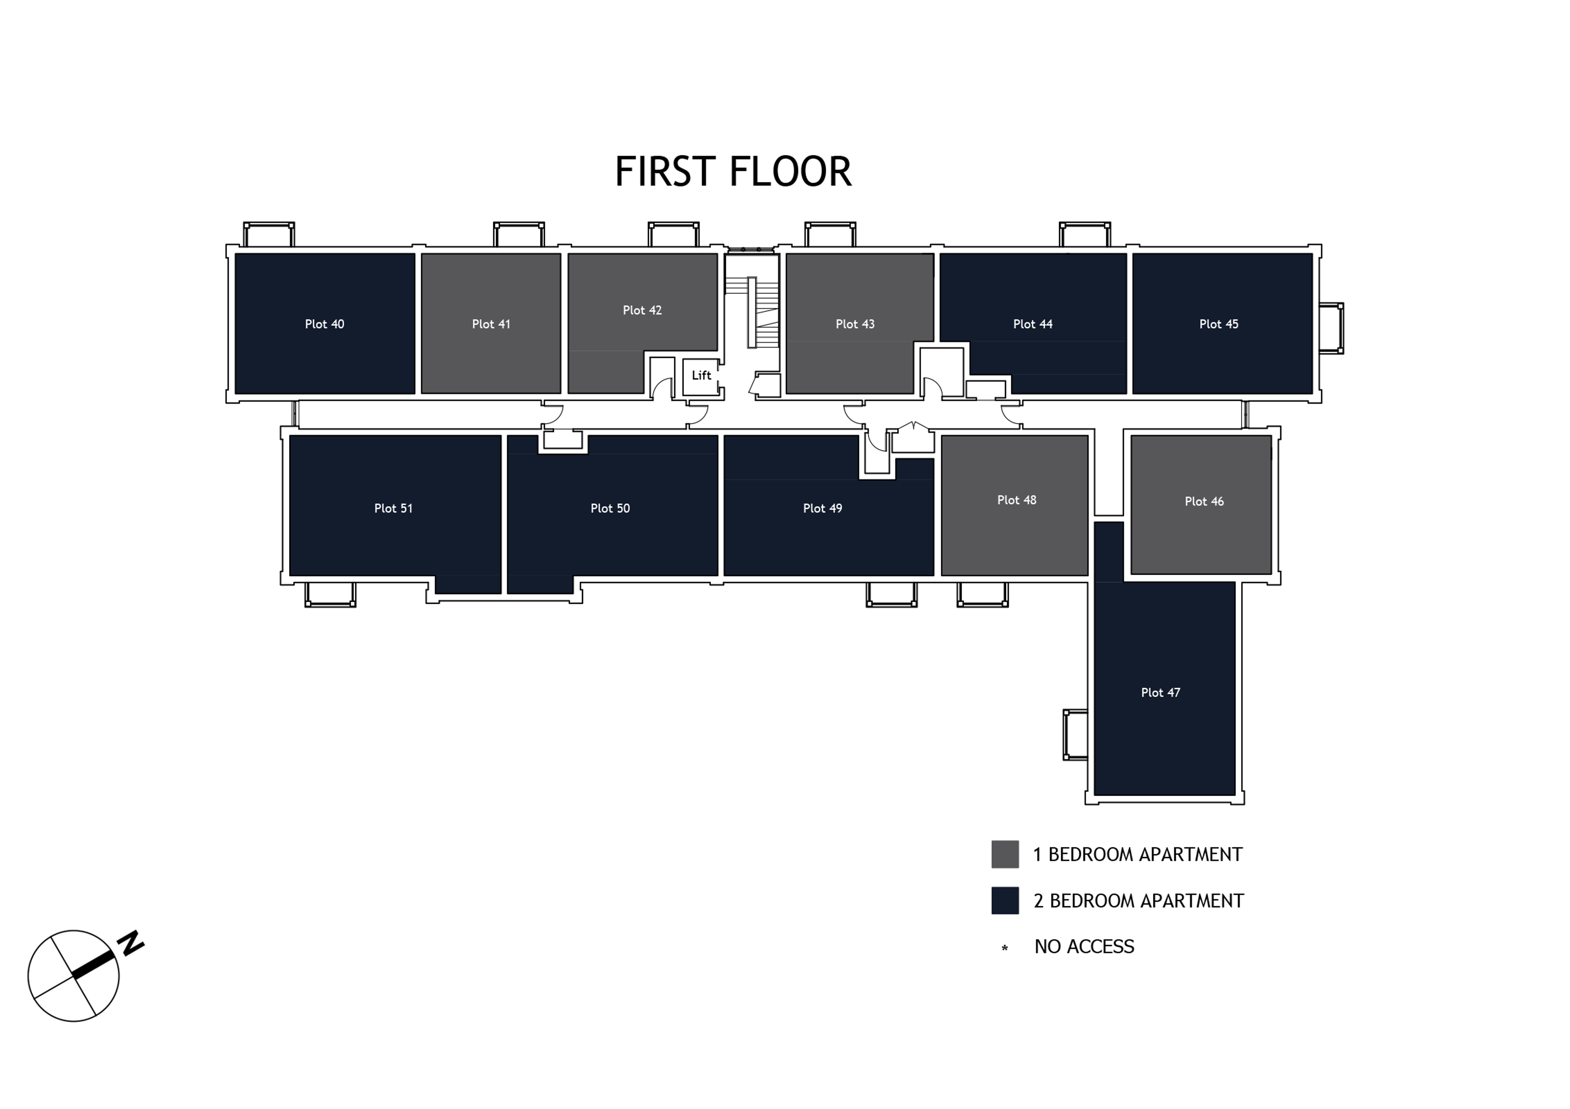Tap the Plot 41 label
pos(491,324)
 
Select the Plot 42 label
pos(642,310)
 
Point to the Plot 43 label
pos(855,324)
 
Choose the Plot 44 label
pos(1032,324)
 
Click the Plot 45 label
pos(1219,324)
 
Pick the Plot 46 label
pos(1204,502)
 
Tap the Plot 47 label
pos(1160,692)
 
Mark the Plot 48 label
pos(1017,500)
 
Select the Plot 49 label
pos(823,508)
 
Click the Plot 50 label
pos(610,508)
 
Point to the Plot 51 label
pos(393,508)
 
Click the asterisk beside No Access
pos(1004,948)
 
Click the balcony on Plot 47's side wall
pos(1075,735)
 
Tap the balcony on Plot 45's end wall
pos(1331,328)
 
